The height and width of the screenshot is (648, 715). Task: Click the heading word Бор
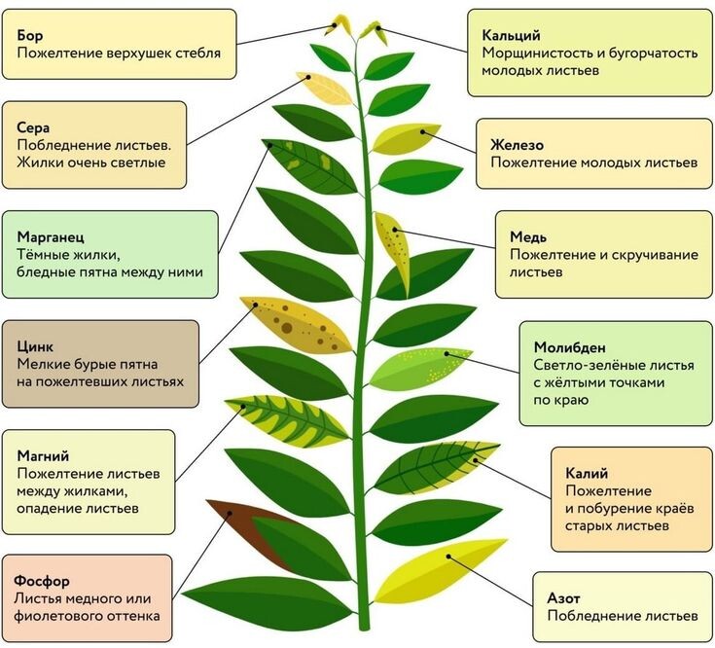tap(30, 35)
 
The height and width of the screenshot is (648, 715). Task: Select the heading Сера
tap(33, 127)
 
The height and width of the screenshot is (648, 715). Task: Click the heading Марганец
tap(51, 237)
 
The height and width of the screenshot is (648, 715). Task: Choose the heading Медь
tap(528, 236)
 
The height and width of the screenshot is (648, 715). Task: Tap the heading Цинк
tap(35, 346)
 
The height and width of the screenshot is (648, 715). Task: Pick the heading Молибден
tap(570, 347)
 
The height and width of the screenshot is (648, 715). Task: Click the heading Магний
tap(43, 455)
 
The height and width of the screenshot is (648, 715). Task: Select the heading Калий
tap(587, 473)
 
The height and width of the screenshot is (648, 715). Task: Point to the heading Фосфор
tap(42, 581)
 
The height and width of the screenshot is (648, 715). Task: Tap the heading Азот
tap(563, 597)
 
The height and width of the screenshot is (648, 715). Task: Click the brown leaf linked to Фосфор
tap(246, 529)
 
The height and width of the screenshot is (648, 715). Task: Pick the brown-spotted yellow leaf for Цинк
tap(297, 325)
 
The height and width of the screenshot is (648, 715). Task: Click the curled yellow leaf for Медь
tap(393, 251)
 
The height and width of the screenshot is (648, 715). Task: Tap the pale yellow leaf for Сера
tap(325, 88)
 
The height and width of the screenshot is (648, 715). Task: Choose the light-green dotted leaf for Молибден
tap(419, 368)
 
